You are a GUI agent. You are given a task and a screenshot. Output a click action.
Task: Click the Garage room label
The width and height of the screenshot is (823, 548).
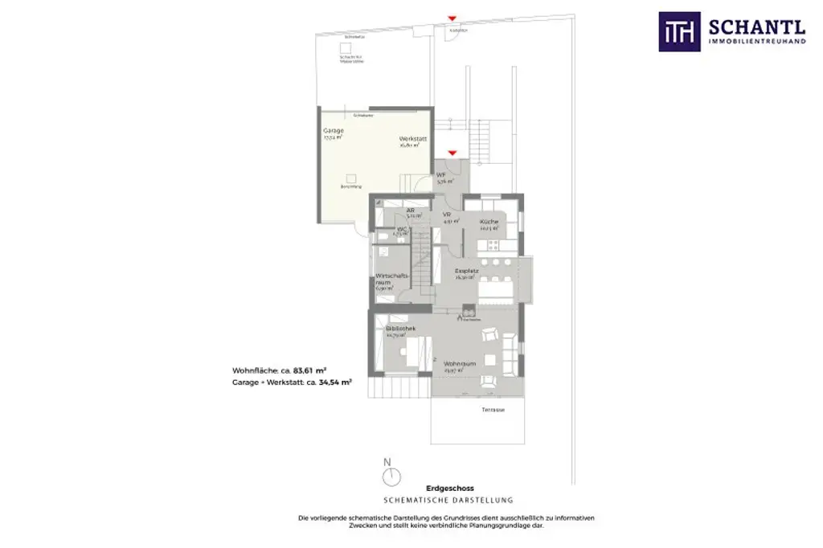(x=334, y=131)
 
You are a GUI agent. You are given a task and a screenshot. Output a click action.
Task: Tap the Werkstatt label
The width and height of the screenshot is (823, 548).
(x=412, y=139)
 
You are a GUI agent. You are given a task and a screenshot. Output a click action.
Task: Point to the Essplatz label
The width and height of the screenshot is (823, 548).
(x=466, y=272)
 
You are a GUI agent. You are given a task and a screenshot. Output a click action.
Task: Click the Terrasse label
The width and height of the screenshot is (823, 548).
(x=493, y=409)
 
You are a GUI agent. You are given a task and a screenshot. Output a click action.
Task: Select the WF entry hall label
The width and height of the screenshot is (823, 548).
(x=441, y=175)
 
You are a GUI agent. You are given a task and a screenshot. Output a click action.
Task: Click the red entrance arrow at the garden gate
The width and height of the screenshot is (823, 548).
(x=452, y=17)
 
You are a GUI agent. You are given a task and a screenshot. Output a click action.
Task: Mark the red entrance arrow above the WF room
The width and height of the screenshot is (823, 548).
(x=452, y=152)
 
